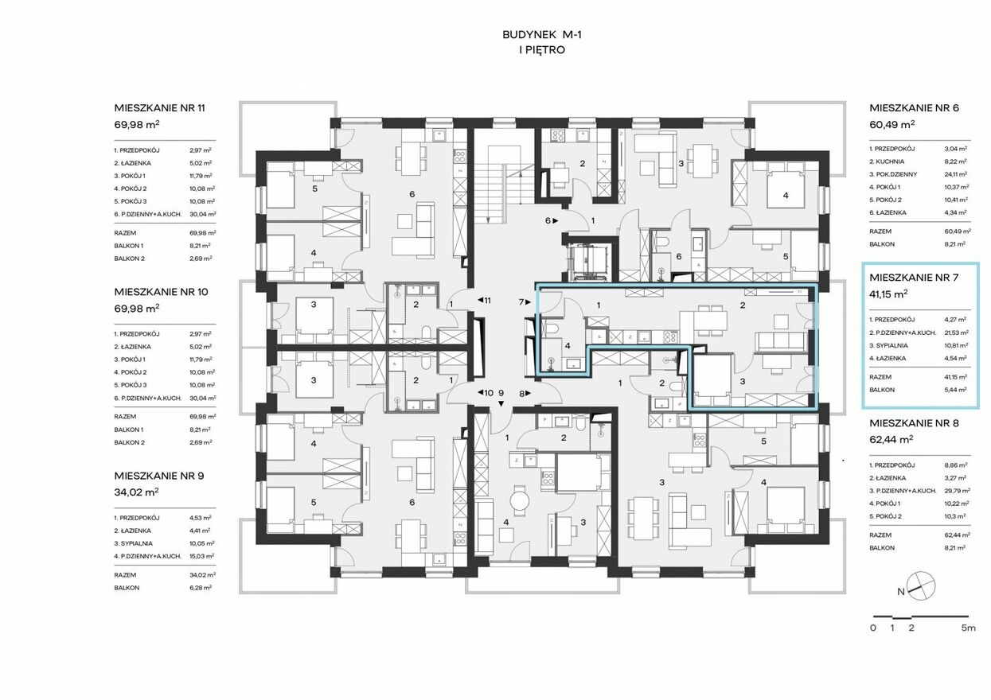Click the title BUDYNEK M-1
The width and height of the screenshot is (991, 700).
tap(542, 35)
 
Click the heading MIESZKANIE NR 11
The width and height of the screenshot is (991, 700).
tap(160, 108)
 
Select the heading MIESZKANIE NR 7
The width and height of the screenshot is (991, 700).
tap(914, 278)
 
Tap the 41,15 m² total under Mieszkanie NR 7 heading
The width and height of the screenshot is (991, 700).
tap(888, 294)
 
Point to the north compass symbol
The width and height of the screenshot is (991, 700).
tap(921, 586)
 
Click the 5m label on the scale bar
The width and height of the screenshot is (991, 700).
tap(968, 628)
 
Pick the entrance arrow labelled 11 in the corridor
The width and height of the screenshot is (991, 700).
tap(484, 301)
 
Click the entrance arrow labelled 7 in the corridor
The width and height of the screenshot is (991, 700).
tap(525, 302)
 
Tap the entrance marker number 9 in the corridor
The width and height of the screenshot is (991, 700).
tap(501, 393)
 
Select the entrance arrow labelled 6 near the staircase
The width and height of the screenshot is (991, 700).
tap(552, 220)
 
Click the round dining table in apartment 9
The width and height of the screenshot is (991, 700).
tap(520, 501)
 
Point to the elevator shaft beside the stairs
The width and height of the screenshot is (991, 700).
tap(589, 262)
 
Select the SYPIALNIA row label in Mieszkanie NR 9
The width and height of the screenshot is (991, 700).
tap(133, 543)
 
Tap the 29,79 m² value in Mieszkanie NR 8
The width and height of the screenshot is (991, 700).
tap(957, 491)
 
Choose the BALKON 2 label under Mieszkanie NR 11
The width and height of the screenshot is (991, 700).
tap(129, 259)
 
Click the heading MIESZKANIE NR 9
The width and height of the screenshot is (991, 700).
tap(159, 476)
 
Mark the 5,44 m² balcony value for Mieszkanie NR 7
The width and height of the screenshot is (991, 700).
tap(955, 390)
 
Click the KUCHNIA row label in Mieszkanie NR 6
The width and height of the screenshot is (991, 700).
tap(887, 161)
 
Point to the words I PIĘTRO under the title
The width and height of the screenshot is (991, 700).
tap(542, 50)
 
